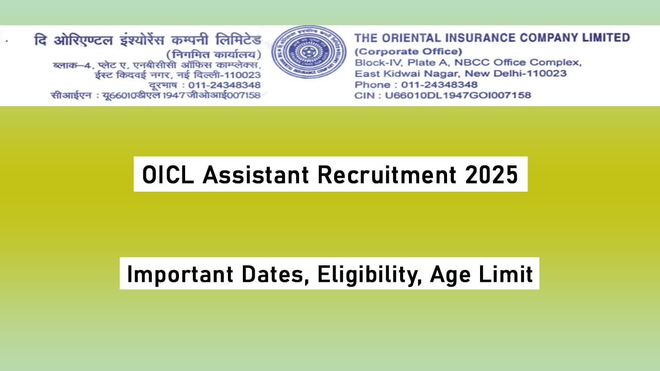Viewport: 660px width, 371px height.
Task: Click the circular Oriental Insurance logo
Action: click(x=309, y=52)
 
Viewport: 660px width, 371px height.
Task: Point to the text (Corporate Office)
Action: click(x=408, y=52)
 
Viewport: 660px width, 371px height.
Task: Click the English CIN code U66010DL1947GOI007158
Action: click(x=461, y=95)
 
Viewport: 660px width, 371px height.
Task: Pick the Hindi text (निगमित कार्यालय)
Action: click(x=213, y=54)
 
